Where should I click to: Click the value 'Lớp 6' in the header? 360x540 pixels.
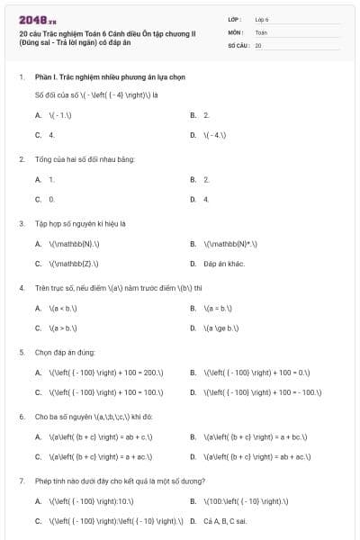coord(262,18)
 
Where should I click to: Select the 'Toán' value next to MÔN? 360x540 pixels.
coord(261,31)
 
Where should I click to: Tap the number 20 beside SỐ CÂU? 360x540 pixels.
coord(258,45)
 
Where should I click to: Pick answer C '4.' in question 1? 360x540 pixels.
coord(51,135)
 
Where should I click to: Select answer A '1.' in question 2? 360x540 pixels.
coord(51,179)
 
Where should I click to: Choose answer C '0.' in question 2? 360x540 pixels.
coord(51,199)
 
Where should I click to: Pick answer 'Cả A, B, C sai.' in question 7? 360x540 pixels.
coord(225,521)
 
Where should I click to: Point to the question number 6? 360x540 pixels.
coord(22,417)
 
